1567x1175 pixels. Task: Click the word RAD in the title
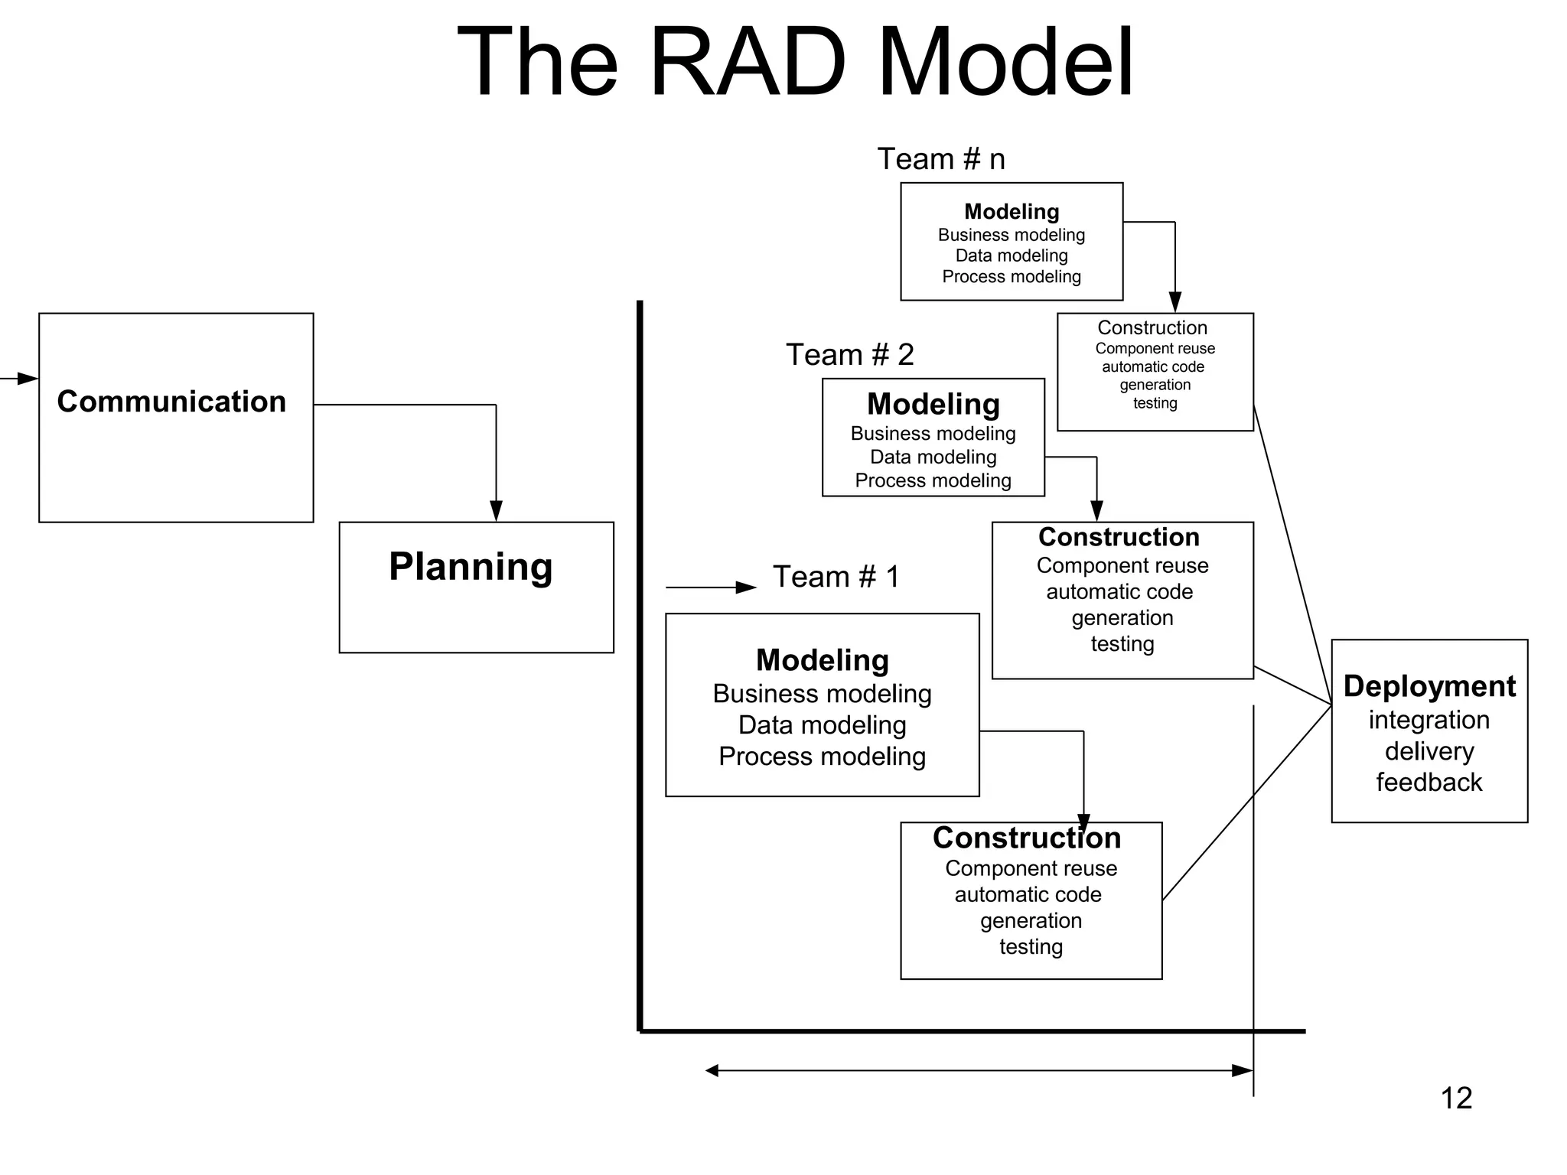(747, 63)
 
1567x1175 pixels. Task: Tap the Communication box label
(171, 402)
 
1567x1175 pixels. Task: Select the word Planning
(471, 567)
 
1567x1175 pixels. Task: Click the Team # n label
(940, 159)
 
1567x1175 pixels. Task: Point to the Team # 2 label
(849, 355)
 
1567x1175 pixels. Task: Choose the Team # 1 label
(836, 577)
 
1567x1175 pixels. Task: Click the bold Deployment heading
(1429, 686)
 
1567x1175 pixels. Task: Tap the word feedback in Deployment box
(1429, 783)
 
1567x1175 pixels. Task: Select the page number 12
(1455, 1099)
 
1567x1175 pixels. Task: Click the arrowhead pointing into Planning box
(496, 512)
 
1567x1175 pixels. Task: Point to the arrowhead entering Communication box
(29, 379)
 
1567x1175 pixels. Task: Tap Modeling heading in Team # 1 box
(822, 660)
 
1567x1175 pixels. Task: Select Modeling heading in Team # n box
(1012, 211)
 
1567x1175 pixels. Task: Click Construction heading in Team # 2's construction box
(1119, 537)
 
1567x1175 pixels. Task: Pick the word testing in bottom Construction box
(1031, 947)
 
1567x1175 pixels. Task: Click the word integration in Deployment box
(1429, 720)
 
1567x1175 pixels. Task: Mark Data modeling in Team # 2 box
(933, 457)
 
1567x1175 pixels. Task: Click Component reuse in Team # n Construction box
(1155, 349)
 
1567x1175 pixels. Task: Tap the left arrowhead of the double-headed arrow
(712, 1071)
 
